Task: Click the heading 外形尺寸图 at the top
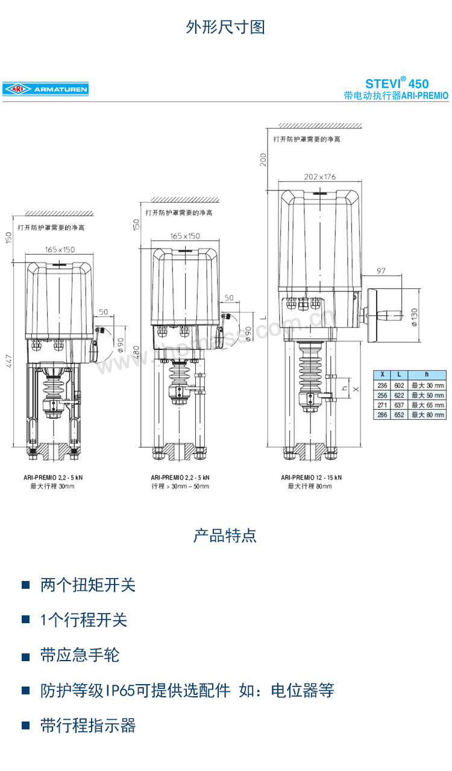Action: (x=225, y=27)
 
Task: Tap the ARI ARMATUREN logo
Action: (x=45, y=89)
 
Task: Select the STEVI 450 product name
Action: (x=397, y=83)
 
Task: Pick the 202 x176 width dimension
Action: (x=319, y=177)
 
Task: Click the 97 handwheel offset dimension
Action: (x=381, y=270)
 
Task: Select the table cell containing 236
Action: (x=382, y=385)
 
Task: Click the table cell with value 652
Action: (x=399, y=415)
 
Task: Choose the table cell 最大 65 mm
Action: (x=427, y=405)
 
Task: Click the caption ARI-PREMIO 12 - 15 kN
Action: (x=311, y=477)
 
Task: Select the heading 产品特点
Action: (x=225, y=536)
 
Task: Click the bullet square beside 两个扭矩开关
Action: (x=26, y=585)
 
